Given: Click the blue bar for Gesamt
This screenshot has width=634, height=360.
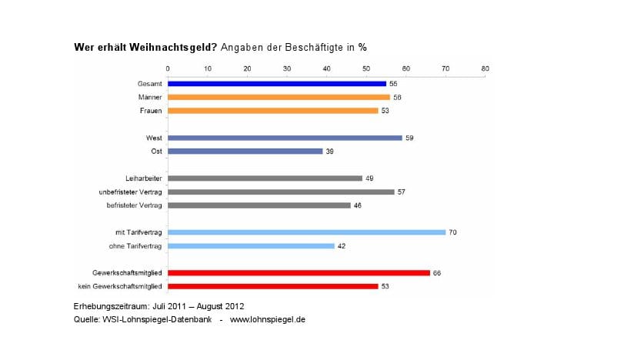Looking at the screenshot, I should point(277,83).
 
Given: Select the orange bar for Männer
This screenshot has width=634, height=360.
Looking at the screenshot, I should point(279,97).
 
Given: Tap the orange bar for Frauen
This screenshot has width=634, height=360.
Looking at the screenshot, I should point(272,110).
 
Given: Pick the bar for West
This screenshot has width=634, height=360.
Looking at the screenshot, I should point(285,138).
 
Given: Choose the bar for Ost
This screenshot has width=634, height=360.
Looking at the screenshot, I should point(245,151).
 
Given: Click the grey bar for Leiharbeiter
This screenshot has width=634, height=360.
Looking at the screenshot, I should point(265,178).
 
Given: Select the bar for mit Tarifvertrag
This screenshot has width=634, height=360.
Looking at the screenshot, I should point(306,232).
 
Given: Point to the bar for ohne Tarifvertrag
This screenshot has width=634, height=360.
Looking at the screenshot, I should point(251,245).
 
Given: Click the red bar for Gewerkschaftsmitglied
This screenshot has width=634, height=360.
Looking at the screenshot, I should point(299,272).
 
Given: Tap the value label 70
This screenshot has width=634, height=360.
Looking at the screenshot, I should point(453,232).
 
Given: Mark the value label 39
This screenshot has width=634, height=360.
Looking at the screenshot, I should point(330,151).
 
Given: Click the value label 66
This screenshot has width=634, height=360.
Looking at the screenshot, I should point(437,272).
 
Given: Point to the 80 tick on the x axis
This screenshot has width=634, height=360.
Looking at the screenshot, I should point(485,69).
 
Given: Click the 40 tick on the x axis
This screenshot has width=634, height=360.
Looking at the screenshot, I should point(326,69).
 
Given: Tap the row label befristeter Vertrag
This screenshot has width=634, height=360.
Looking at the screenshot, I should point(134,205).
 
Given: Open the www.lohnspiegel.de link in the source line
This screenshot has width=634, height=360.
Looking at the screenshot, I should point(268,319).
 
